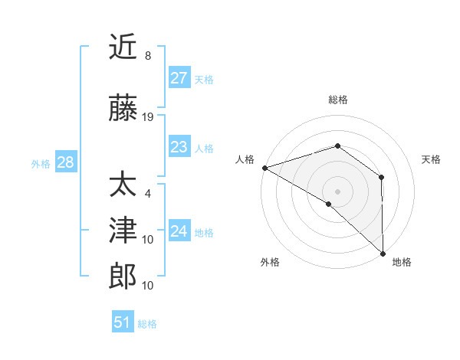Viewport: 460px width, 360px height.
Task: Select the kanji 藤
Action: point(123,109)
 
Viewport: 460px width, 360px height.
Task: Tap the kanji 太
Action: point(123,185)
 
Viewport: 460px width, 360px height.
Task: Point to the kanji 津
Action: point(123,231)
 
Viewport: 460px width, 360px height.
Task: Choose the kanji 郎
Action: point(123,277)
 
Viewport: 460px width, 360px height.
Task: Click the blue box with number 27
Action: point(179,78)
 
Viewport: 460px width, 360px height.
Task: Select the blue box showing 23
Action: point(179,147)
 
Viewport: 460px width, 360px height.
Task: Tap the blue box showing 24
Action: point(179,231)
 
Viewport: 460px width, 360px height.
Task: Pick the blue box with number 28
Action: point(65,162)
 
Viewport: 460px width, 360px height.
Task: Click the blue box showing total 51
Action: point(123,322)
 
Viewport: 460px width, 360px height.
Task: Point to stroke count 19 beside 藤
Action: point(148,117)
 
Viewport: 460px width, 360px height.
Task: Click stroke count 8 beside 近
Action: point(148,56)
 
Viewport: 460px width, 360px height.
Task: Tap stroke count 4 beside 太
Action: point(148,194)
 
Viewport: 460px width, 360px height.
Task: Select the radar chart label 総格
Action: point(338,100)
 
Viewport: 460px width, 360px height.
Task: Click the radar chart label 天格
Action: point(431,159)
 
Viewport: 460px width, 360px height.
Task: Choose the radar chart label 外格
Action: point(270,262)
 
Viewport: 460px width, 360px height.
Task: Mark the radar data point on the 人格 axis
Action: point(264,167)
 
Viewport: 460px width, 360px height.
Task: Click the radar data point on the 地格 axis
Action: point(382,252)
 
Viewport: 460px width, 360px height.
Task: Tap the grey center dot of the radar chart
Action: point(337,191)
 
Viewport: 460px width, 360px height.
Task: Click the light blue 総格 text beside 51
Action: point(147,323)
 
